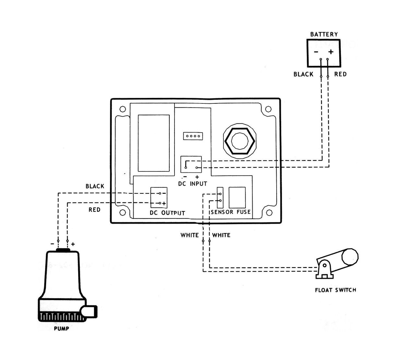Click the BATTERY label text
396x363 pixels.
324,34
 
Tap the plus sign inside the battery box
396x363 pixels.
330,52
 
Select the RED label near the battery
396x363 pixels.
340,74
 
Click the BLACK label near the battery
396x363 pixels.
303,74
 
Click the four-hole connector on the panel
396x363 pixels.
193,136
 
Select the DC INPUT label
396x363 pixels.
193,184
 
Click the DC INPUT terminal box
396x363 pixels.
191,164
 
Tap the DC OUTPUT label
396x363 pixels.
167,213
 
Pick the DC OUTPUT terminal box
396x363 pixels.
159,197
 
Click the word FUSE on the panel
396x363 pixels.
243,212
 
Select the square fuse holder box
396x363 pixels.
237,197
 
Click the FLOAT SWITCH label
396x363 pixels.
335,290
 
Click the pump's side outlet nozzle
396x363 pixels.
90,312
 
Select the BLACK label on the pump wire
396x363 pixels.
95,186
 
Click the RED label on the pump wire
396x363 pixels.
94,210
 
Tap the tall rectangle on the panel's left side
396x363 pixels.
154,143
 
